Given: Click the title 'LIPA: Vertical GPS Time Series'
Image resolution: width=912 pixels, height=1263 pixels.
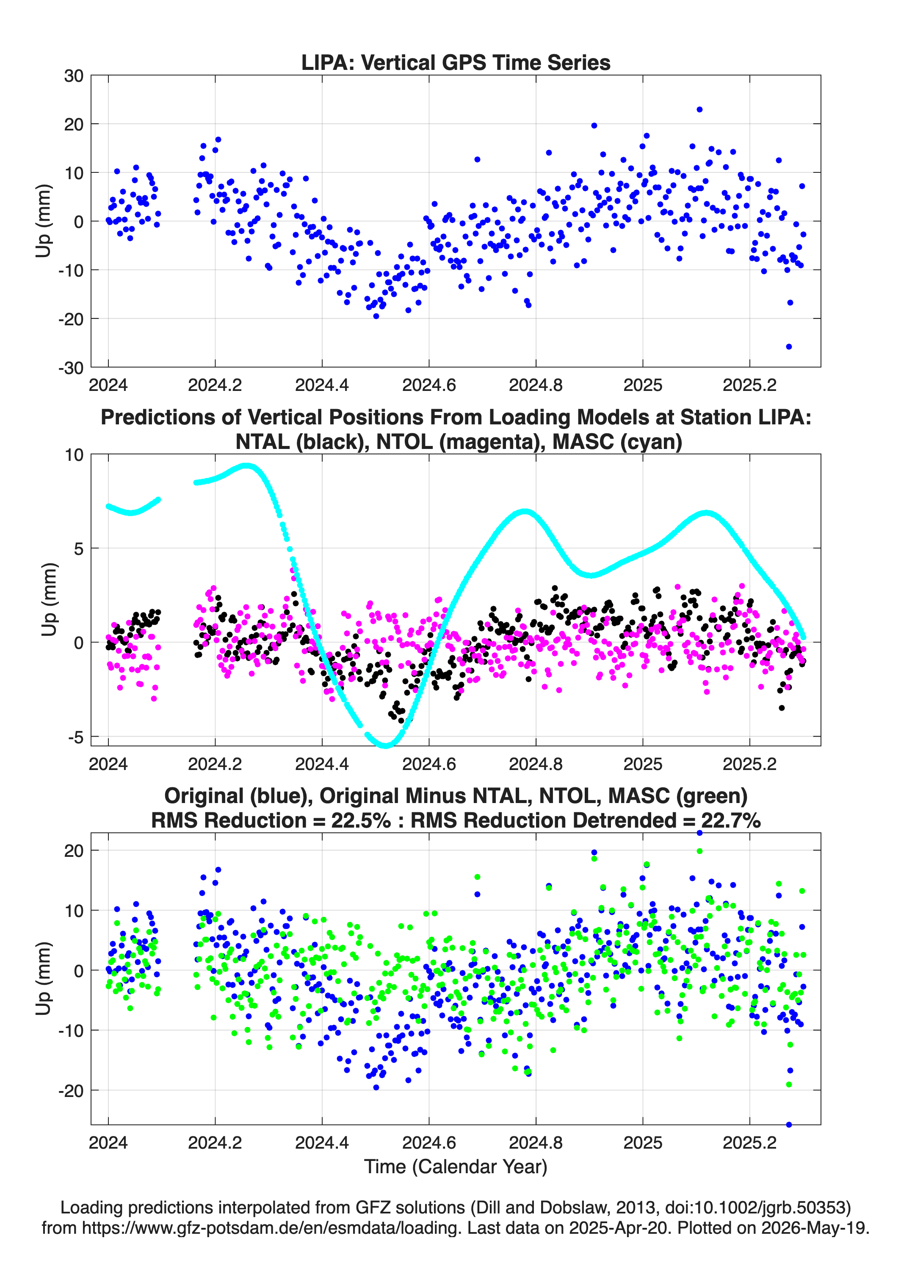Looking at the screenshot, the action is click(456, 62).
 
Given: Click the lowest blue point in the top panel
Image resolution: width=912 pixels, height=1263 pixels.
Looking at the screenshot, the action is click(788, 346).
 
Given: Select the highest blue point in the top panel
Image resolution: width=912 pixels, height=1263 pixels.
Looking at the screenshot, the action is click(699, 110).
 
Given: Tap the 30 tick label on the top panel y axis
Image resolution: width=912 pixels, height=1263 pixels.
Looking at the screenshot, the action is click(74, 76).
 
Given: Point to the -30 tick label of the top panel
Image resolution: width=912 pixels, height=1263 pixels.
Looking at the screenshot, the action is click(71, 368).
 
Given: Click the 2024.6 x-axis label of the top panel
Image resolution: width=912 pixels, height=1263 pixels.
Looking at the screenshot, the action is click(429, 385).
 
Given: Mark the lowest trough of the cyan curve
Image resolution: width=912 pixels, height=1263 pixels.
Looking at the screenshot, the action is click(385, 745).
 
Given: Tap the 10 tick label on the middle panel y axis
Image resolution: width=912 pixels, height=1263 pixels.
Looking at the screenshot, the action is click(74, 455).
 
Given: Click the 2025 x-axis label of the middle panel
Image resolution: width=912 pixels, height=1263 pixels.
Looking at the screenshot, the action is click(643, 764).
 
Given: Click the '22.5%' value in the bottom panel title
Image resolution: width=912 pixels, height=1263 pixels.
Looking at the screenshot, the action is click(361, 820).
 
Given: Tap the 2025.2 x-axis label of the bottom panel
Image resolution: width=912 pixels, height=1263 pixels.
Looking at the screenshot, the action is click(749, 1143).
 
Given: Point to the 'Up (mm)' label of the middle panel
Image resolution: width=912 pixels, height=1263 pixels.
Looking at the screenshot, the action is click(49, 600).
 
